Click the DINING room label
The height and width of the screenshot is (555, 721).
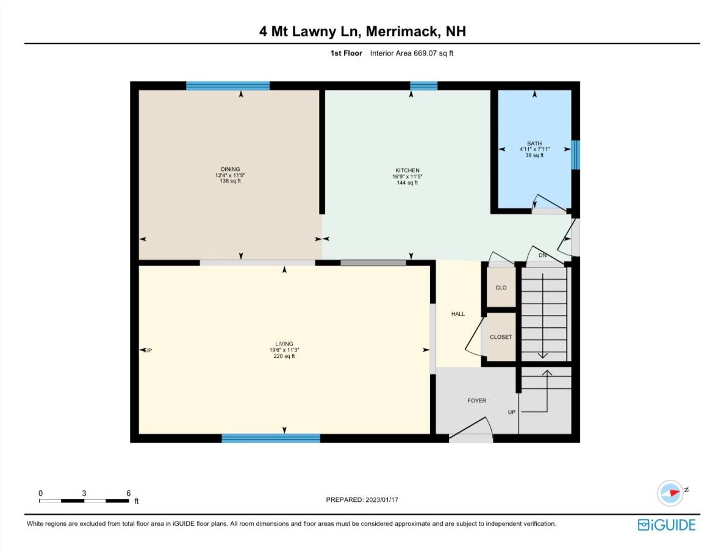pos(231,169)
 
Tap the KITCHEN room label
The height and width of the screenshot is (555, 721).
pos(407,170)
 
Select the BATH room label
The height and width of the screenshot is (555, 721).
pos(534,143)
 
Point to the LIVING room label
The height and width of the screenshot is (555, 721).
pos(284,344)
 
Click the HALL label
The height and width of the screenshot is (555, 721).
pos(458,314)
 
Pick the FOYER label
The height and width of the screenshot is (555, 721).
pos(477,401)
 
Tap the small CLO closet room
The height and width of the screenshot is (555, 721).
pos(501,288)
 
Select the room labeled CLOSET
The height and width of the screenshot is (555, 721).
pos(501,337)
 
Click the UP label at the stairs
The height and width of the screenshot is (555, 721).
pos(512,412)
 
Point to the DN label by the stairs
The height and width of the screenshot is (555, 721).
pos(543,255)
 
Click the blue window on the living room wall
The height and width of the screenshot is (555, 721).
pos(271,438)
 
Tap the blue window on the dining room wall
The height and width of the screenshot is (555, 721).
pos(228,85)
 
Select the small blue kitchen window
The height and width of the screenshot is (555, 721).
pos(423,85)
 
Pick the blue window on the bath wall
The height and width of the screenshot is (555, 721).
pos(575,154)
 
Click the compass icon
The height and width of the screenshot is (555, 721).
pos(670,493)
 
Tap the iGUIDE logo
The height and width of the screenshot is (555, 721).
pos(667,525)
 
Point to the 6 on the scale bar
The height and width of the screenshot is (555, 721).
pos(129,493)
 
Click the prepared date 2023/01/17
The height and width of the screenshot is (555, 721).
pos(382,499)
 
